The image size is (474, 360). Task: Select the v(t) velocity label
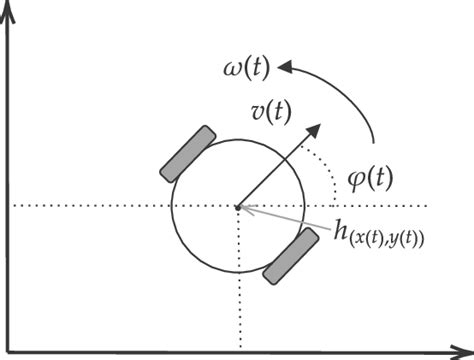271,112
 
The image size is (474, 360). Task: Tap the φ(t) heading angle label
368,181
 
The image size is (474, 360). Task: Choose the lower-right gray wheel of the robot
291,256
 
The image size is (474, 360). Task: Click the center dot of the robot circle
238,207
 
